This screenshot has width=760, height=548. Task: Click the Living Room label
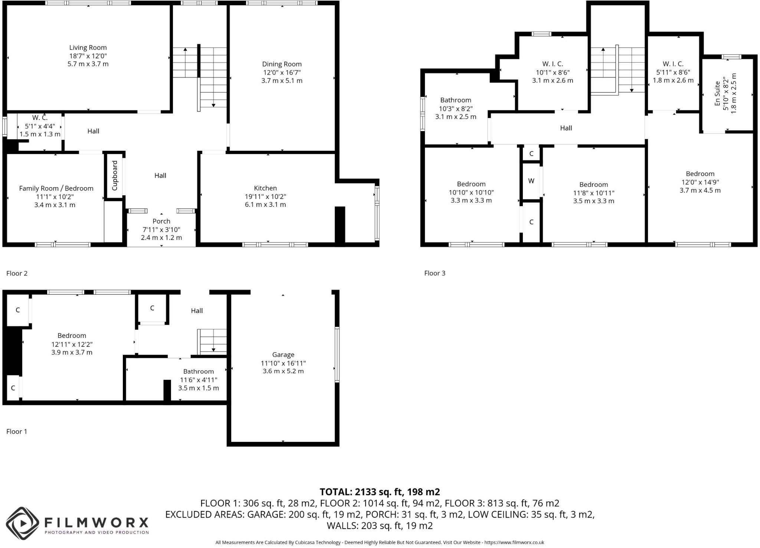click(88, 48)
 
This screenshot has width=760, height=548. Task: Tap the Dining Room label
click(282, 64)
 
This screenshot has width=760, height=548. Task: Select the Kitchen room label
click(265, 188)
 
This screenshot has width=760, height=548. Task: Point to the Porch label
click(161, 221)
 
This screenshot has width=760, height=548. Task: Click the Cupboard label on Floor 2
click(115, 176)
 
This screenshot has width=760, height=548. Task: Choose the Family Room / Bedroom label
click(56, 189)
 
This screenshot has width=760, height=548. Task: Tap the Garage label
click(283, 355)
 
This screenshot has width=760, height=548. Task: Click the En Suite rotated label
click(717, 94)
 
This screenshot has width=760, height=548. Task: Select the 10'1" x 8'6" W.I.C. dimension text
click(553, 72)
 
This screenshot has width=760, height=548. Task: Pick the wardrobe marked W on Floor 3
click(531, 181)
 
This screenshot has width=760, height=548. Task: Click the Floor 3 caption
click(435, 273)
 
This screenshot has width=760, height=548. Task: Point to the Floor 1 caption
click(17, 431)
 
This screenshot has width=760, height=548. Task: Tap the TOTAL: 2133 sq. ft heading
click(380, 492)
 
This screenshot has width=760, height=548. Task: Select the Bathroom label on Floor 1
click(199, 372)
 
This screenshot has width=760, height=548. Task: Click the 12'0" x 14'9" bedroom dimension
click(700, 182)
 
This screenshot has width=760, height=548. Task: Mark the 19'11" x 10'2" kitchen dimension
click(265, 196)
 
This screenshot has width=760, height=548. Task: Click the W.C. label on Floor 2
click(40, 118)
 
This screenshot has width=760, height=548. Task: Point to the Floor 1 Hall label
click(197, 311)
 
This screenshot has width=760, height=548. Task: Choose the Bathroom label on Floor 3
click(456, 100)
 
